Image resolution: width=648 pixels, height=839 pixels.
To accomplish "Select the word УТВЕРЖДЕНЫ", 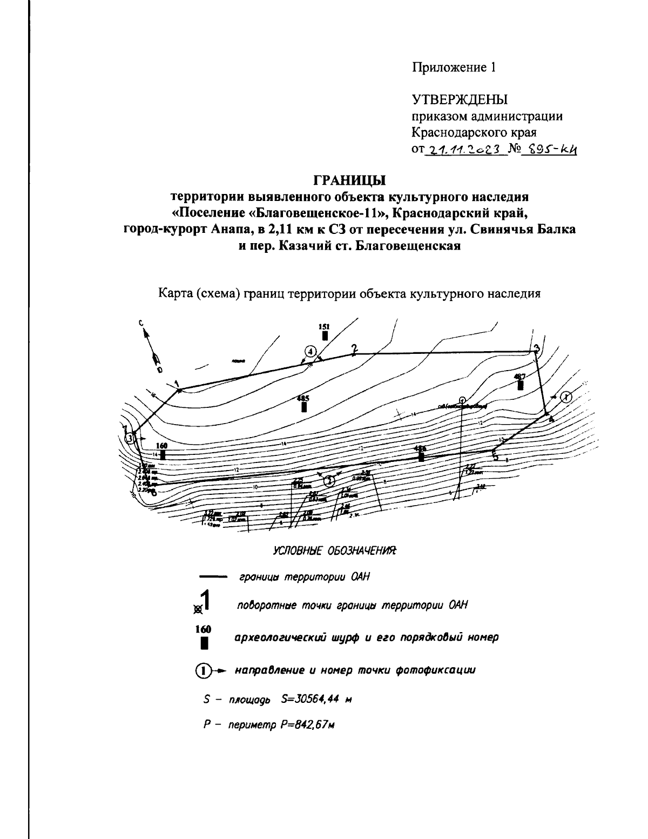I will pyautogui.click(x=460, y=100).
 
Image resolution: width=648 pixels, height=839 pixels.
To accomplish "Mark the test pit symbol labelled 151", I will pyautogui.click(x=325, y=335).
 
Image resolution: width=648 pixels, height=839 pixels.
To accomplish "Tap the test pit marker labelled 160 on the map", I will pyautogui.click(x=162, y=454).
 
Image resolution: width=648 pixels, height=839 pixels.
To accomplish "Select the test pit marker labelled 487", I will pyautogui.click(x=520, y=385).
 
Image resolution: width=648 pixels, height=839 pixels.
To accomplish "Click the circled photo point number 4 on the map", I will pyautogui.click(x=310, y=352).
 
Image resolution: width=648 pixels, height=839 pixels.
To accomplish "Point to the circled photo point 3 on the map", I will pyautogui.click(x=130, y=438).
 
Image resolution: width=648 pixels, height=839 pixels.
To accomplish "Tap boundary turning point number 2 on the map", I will pyautogui.click(x=354, y=350).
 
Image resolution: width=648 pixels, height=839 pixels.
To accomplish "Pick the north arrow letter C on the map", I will pyautogui.click(x=141, y=323).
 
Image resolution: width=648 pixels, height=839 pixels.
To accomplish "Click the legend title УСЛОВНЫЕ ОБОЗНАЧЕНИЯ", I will pyautogui.click(x=335, y=551).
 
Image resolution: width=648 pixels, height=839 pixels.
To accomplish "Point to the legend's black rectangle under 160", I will pyautogui.click(x=204, y=643).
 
